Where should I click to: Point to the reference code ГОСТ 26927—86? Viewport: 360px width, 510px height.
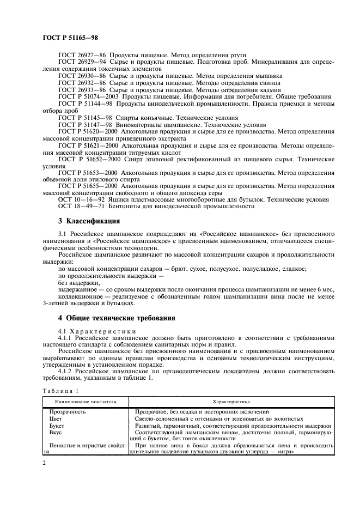pyautogui.click(x=82, y=55)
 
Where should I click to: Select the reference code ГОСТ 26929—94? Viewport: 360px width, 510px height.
pyautogui.click(x=82, y=63)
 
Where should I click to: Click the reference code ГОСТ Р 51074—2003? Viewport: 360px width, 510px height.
pyautogui.click(x=88, y=96)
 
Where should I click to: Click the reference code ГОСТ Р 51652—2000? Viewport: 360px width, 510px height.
pyautogui.click(x=90, y=159)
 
